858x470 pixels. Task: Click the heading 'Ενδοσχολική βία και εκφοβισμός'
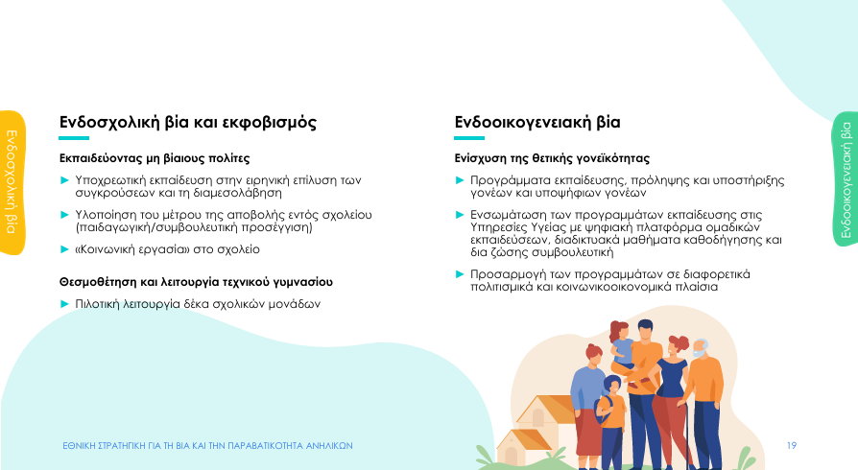(188, 122)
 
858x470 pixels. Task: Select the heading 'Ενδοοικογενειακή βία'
(537, 122)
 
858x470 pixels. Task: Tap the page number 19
(791, 445)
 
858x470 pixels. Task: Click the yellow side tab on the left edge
(12, 182)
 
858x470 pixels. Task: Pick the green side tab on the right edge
(846, 179)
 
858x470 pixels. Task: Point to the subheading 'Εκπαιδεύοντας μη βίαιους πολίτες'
(155, 158)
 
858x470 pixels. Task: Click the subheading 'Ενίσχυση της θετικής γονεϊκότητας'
(552, 158)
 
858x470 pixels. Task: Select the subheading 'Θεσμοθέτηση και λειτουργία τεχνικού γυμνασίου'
(196, 282)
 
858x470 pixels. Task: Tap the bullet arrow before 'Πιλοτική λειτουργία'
(64, 304)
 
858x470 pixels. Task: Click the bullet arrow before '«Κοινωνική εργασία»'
(64, 249)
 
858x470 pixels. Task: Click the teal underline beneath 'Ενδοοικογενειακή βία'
(469, 138)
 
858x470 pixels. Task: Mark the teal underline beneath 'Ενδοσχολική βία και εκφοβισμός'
(74, 138)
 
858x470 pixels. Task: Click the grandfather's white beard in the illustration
(700, 353)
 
